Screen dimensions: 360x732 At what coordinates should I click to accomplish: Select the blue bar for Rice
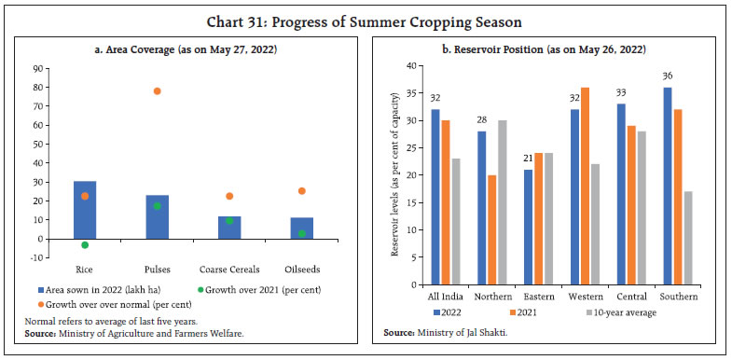85,210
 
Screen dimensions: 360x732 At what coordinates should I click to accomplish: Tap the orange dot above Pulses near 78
157,90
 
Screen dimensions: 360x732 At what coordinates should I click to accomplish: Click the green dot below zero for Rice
85,245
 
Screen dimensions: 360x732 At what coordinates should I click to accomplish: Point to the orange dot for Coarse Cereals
229,196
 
